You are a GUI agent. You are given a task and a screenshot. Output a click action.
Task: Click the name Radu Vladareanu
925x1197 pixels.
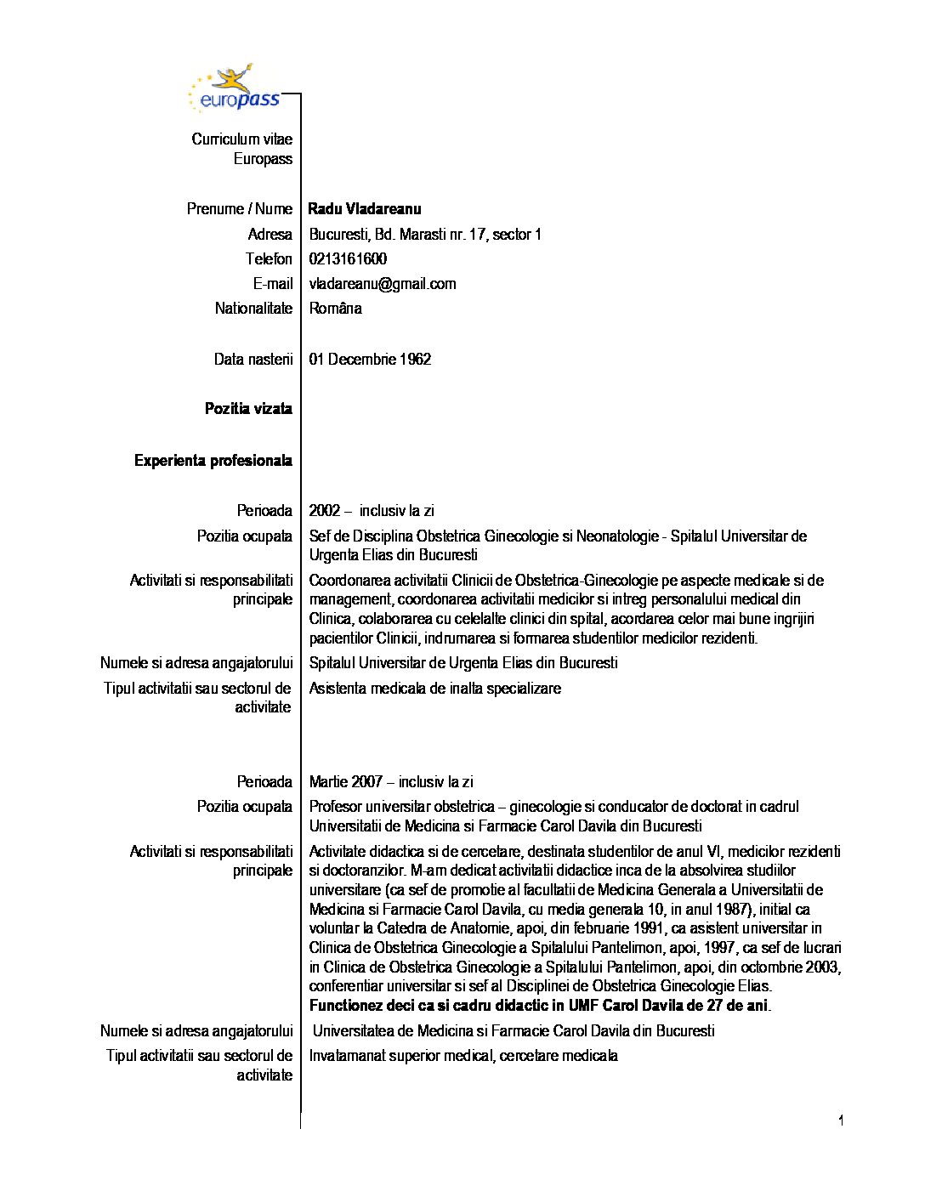[x=365, y=209]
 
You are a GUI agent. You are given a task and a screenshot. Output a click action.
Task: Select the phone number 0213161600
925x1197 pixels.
[x=348, y=259]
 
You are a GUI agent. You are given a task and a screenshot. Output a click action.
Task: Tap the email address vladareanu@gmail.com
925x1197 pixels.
[x=383, y=284]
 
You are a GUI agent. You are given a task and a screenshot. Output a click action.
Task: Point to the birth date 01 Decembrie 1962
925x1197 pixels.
[x=370, y=360]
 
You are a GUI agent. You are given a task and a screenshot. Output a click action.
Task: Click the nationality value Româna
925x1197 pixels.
[x=336, y=309]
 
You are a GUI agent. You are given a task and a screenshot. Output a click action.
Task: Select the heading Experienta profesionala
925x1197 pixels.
[x=213, y=461]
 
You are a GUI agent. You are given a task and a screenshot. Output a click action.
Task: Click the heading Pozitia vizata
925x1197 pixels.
[x=248, y=409]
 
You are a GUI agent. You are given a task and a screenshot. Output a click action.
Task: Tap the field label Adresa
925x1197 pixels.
[x=270, y=235]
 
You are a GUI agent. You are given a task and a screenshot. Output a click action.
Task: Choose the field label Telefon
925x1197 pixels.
[x=269, y=259]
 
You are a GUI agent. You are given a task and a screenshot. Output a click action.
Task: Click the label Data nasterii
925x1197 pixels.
[x=253, y=360]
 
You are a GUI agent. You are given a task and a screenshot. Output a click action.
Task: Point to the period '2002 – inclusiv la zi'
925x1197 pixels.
[x=372, y=511]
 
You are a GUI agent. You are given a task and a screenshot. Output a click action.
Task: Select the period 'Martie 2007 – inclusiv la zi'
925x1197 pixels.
[x=391, y=782]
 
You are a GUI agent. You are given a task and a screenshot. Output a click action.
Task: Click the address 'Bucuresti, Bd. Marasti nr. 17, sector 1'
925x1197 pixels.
[x=425, y=235]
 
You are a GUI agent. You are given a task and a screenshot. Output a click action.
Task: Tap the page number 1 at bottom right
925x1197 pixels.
[x=841, y=1120]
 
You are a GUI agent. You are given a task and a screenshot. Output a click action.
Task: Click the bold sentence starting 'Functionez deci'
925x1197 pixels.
[x=540, y=1006]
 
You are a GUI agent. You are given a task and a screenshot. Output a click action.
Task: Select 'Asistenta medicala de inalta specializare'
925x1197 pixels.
[x=435, y=689]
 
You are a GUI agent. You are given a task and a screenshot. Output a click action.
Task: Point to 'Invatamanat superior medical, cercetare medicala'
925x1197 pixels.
[x=463, y=1056]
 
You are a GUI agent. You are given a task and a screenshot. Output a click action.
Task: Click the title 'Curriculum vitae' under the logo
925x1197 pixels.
[x=241, y=139]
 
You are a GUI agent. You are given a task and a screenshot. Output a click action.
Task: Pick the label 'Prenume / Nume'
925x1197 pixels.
[x=239, y=209]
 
